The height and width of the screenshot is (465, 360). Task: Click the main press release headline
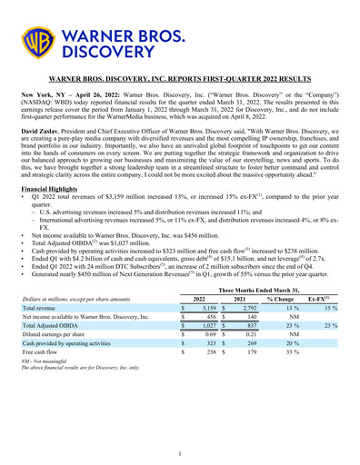(x=180, y=81)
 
